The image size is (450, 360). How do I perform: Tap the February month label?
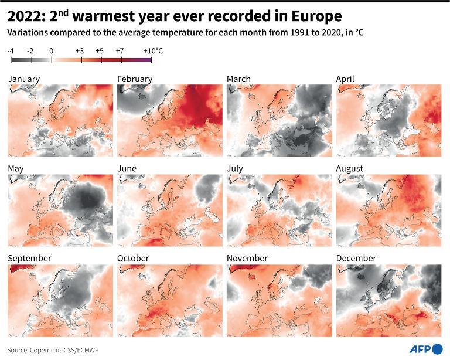pyautogui.click(x=134, y=79)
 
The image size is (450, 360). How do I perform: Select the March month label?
pyautogui.click(x=238, y=79)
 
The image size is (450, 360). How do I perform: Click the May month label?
pyautogui.click(x=16, y=169)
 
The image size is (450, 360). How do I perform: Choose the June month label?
pyautogui.click(x=127, y=169)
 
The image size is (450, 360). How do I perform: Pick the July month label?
pyautogui.click(x=236, y=169)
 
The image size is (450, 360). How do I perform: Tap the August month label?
pyautogui.click(x=350, y=169)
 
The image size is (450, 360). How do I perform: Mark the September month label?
pyautogui.click(x=29, y=259)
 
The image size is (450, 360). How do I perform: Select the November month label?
pyautogui.click(x=247, y=259)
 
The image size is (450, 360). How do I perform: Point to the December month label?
pyautogui.click(x=356, y=259)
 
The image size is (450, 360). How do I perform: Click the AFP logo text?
pyautogui.click(x=418, y=349)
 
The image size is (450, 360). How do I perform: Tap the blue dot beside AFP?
pyautogui.click(x=437, y=350)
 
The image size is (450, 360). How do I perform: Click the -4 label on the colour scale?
pyautogui.click(x=11, y=51)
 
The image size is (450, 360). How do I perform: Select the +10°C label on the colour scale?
pyautogui.click(x=152, y=51)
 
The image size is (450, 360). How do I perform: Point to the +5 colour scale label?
pyautogui.click(x=99, y=51)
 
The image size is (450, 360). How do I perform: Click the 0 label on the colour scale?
pyautogui.click(x=51, y=51)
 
